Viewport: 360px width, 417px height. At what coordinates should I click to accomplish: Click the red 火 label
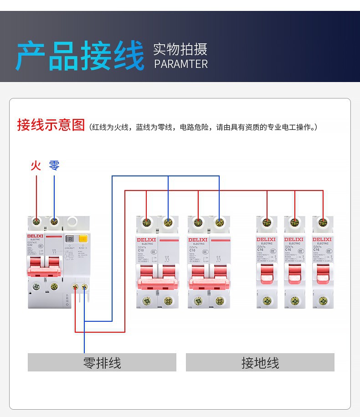[x=36, y=165]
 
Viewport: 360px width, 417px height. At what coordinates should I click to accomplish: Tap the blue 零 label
[x=54, y=165]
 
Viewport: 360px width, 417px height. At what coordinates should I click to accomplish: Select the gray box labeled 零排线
[x=102, y=363]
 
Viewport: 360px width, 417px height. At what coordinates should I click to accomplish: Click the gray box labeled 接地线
[x=260, y=363]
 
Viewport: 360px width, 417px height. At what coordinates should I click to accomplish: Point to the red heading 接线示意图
[x=51, y=125]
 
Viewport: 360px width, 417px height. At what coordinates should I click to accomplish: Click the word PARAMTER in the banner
[x=181, y=64]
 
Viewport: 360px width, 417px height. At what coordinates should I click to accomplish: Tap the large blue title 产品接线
[x=80, y=56]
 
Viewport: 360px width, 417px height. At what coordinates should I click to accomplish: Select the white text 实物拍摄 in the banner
[x=180, y=49]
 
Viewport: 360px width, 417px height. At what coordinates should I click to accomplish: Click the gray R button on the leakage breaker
[x=70, y=238]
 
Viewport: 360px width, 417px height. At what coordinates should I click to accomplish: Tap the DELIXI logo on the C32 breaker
[x=36, y=236]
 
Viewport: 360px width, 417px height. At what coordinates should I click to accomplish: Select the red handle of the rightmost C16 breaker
[x=323, y=271]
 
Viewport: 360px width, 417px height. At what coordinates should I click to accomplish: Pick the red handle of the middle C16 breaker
[x=294, y=271]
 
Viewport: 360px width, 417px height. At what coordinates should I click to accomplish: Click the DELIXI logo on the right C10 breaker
[x=198, y=239]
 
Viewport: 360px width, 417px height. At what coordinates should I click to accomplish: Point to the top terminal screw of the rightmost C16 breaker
[x=323, y=223]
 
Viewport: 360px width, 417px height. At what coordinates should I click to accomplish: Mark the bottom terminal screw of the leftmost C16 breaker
[x=267, y=300]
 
